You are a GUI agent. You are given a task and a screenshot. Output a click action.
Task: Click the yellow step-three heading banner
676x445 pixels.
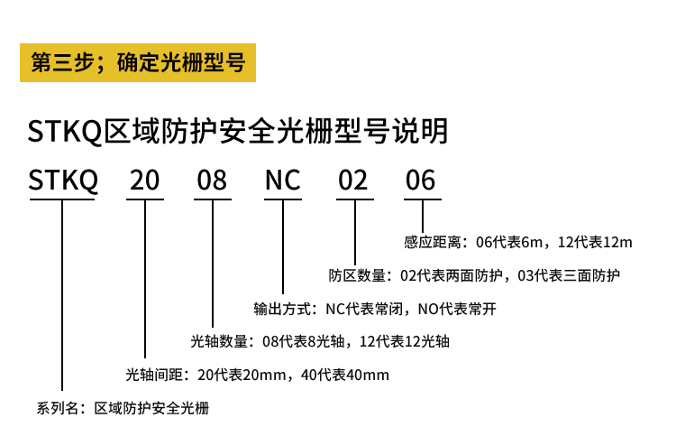138,62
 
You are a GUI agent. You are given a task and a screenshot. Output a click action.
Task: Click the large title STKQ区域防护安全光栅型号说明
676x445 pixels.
238,131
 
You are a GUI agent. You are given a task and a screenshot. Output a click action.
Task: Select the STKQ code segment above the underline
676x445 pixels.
63,180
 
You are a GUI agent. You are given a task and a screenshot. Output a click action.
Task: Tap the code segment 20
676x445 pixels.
145,180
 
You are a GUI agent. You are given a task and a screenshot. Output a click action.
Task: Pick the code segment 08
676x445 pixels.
212,180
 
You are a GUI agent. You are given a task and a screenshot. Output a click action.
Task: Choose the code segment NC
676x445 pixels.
283,180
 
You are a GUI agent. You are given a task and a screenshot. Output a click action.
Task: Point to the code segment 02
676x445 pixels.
353,180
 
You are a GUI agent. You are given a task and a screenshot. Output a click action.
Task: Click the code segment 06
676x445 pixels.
421,180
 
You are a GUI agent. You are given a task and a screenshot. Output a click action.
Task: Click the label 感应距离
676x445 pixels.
433,242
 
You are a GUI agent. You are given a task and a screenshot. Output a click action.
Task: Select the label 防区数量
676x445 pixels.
358,275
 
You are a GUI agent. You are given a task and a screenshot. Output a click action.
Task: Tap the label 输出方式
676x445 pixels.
282,309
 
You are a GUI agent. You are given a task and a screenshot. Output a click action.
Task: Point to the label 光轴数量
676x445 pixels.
219,342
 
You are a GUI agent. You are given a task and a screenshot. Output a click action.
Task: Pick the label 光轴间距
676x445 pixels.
154,375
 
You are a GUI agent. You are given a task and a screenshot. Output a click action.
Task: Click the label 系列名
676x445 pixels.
58,408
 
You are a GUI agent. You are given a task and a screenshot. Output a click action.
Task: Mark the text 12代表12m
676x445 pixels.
595,242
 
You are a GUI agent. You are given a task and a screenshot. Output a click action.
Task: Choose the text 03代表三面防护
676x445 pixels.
569,275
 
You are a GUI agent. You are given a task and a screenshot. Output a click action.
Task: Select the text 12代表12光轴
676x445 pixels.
405,342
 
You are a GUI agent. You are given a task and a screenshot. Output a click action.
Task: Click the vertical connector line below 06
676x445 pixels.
423,217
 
